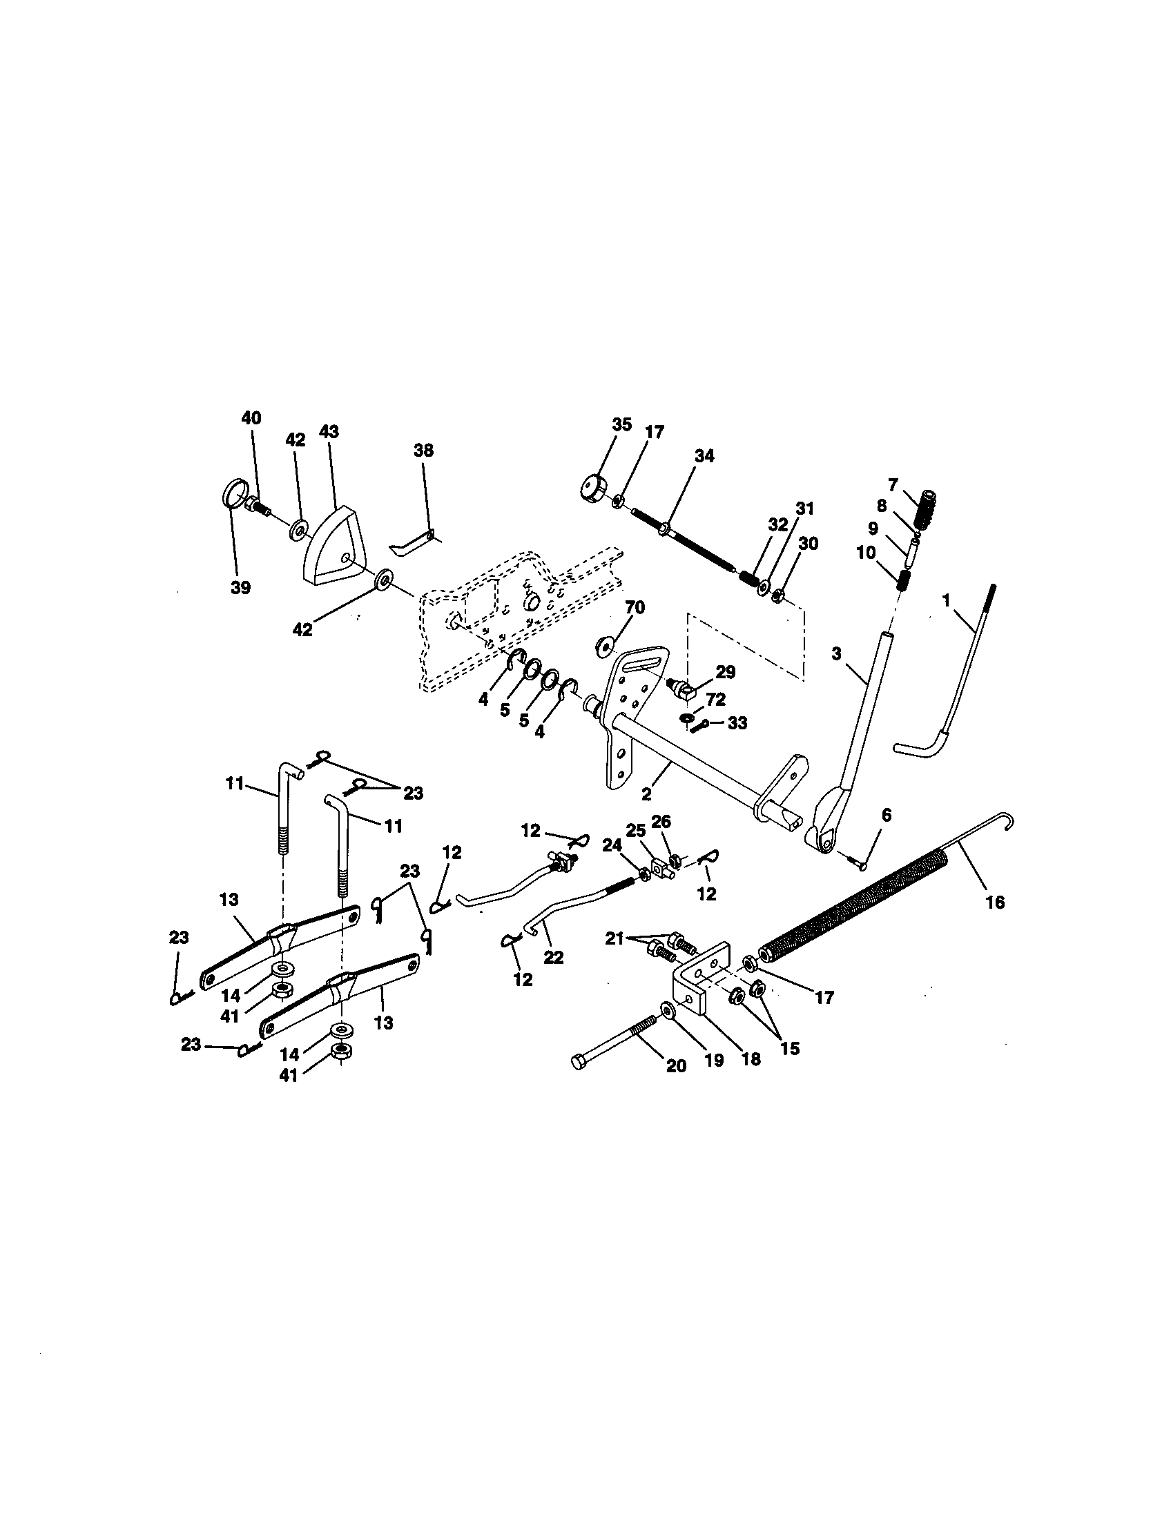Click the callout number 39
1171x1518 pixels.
240,588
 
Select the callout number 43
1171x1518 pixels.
328,432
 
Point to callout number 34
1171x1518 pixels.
704,456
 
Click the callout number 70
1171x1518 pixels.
635,607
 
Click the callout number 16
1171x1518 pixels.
995,903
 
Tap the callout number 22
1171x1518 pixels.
554,957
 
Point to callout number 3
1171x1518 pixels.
837,653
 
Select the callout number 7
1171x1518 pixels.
893,484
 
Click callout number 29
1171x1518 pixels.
725,672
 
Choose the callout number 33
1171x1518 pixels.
737,723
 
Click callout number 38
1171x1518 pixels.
423,451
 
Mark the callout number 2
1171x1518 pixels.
647,791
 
